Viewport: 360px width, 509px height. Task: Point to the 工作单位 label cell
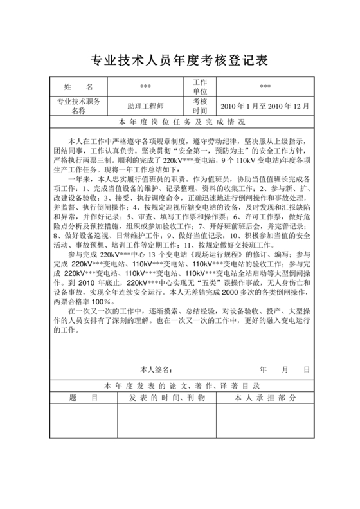tap(200, 86)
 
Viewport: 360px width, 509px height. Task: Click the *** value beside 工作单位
tap(265, 86)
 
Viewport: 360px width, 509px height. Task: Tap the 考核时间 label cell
tap(200, 106)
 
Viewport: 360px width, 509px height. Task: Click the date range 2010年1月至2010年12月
tap(265, 106)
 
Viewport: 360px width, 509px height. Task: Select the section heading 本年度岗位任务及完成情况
tap(180, 122)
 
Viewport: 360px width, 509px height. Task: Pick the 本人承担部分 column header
tap(265, 398)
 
